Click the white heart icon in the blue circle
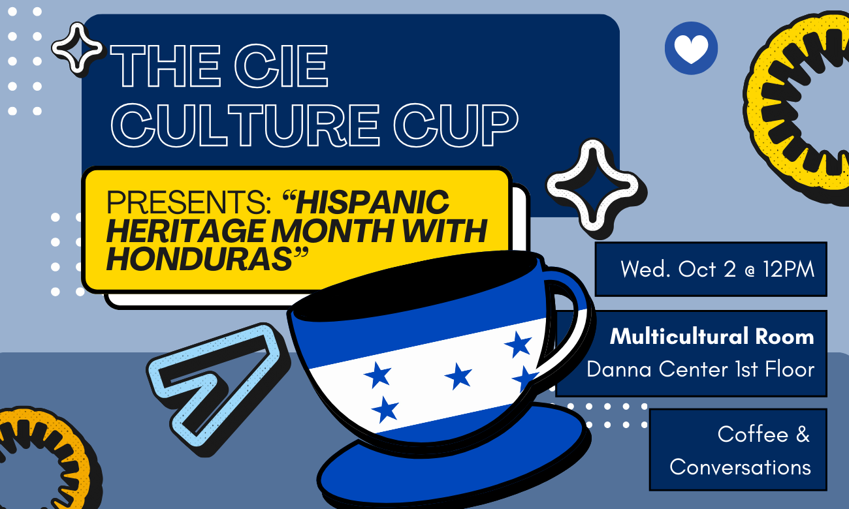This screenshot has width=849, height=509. (691, 48)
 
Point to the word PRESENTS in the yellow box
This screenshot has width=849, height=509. (189, 203)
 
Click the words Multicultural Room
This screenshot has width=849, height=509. (712, 337)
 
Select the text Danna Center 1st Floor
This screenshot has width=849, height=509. (700, 369)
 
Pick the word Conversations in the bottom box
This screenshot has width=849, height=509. (740, 467)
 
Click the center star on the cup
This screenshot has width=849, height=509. (458, 376)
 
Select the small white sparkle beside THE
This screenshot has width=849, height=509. (78, 48)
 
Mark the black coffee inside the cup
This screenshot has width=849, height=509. (418, 287)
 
